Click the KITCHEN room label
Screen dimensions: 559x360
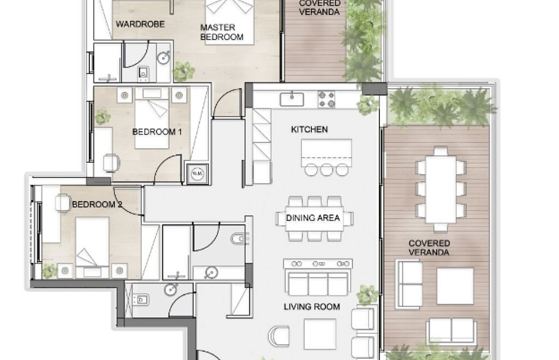point(309,129)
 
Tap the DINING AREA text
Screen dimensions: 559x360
point(313,217)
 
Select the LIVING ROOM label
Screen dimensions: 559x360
point(312,306)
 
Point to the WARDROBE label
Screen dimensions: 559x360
point(140,24)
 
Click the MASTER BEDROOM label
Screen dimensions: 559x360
point(222,32)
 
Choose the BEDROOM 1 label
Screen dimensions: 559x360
point(157,132)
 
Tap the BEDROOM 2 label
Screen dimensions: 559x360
point(97,204)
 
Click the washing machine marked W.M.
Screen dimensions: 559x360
point(197,173)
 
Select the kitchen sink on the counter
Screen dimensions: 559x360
point(292,99)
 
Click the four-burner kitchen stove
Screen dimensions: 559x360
point(326,99)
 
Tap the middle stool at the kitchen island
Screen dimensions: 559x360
point(326,169)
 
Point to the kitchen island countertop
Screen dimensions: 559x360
point(326,152)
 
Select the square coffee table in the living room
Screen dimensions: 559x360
point(320,334)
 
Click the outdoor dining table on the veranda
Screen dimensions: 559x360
point(441,189)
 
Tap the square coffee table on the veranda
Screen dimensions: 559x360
point(455,286)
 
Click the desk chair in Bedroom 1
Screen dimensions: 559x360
point(111,163)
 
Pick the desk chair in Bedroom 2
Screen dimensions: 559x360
point(62,203)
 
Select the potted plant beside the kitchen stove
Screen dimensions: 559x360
point(367,105)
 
